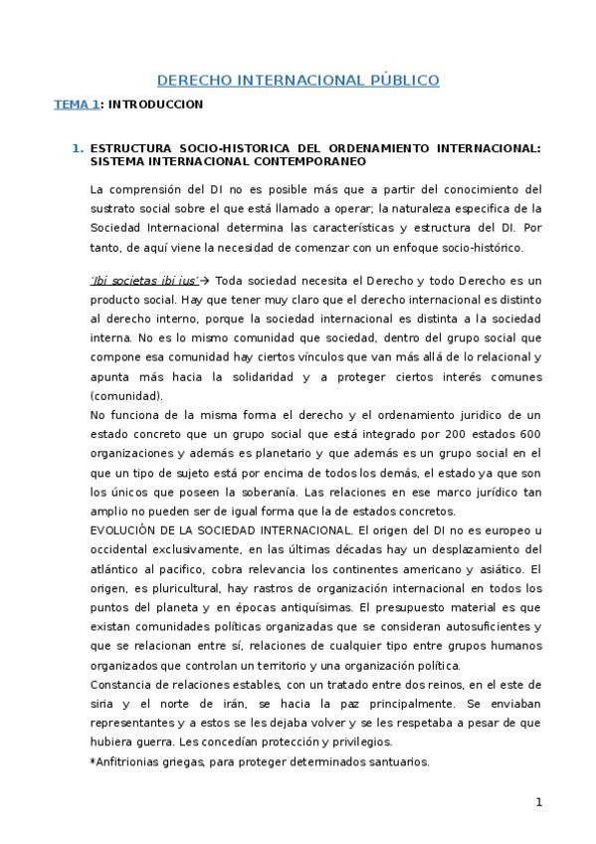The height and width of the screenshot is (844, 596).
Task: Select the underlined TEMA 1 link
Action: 76,104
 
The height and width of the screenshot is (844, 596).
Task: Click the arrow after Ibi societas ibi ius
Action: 207,280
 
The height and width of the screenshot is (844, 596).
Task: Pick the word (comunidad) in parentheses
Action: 121,395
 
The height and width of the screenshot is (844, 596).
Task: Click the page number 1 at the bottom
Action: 538,802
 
